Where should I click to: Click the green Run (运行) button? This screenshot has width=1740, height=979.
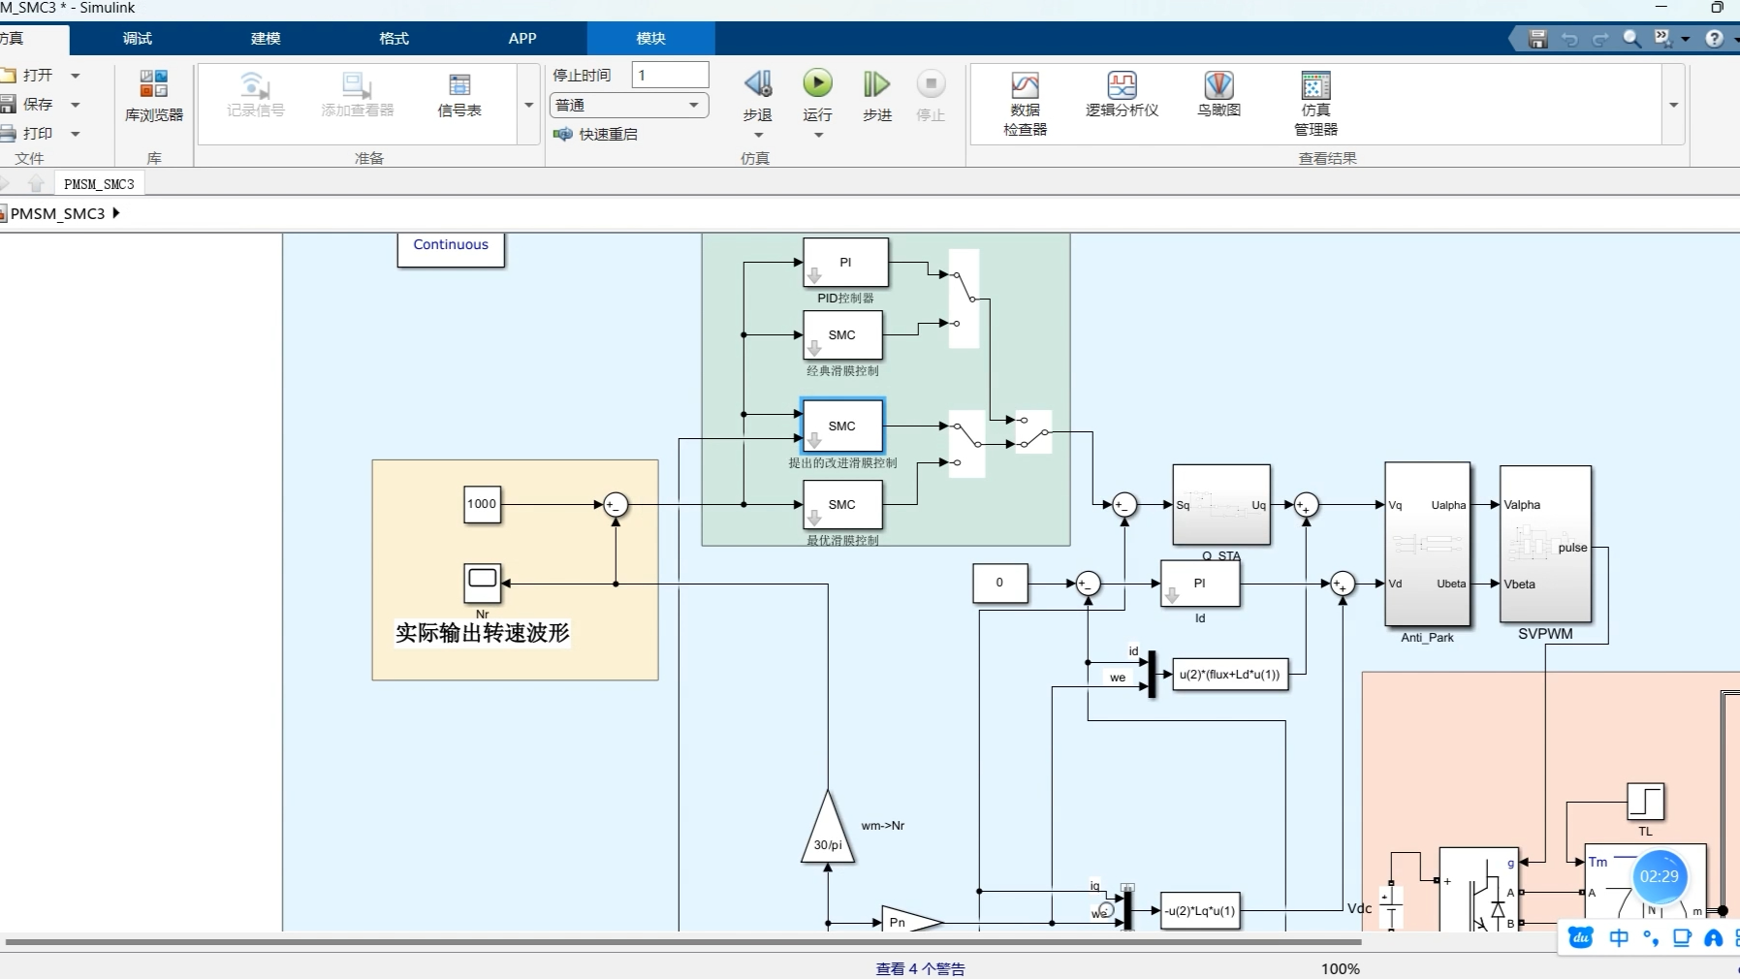click(817, 84)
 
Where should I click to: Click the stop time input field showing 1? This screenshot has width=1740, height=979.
click(670, 75)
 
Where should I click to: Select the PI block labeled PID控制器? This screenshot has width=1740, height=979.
click(845, 263)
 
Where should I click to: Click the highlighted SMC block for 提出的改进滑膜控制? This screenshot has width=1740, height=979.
click(841, 426)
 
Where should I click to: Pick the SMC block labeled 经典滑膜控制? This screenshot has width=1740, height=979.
click(841, 335)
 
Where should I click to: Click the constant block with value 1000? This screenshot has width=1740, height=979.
click(482, 504)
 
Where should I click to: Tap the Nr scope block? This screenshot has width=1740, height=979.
click(482, 583)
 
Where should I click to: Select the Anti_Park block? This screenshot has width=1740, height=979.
click(1427, 545)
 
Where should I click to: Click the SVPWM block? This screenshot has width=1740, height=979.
click(1545, 545)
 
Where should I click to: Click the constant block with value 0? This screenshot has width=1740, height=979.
click(999, 584)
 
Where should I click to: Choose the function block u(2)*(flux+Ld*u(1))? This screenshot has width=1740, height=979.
click(1229, 675)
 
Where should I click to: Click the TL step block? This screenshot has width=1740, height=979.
click(1645, 803)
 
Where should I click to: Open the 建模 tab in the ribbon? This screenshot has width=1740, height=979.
click(266, 39)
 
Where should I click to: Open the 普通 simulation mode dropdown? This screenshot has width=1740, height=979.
click(628, 105)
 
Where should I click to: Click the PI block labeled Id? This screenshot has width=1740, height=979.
click(1199, 584)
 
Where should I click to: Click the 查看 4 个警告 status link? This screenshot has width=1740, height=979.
click(920, 968)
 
